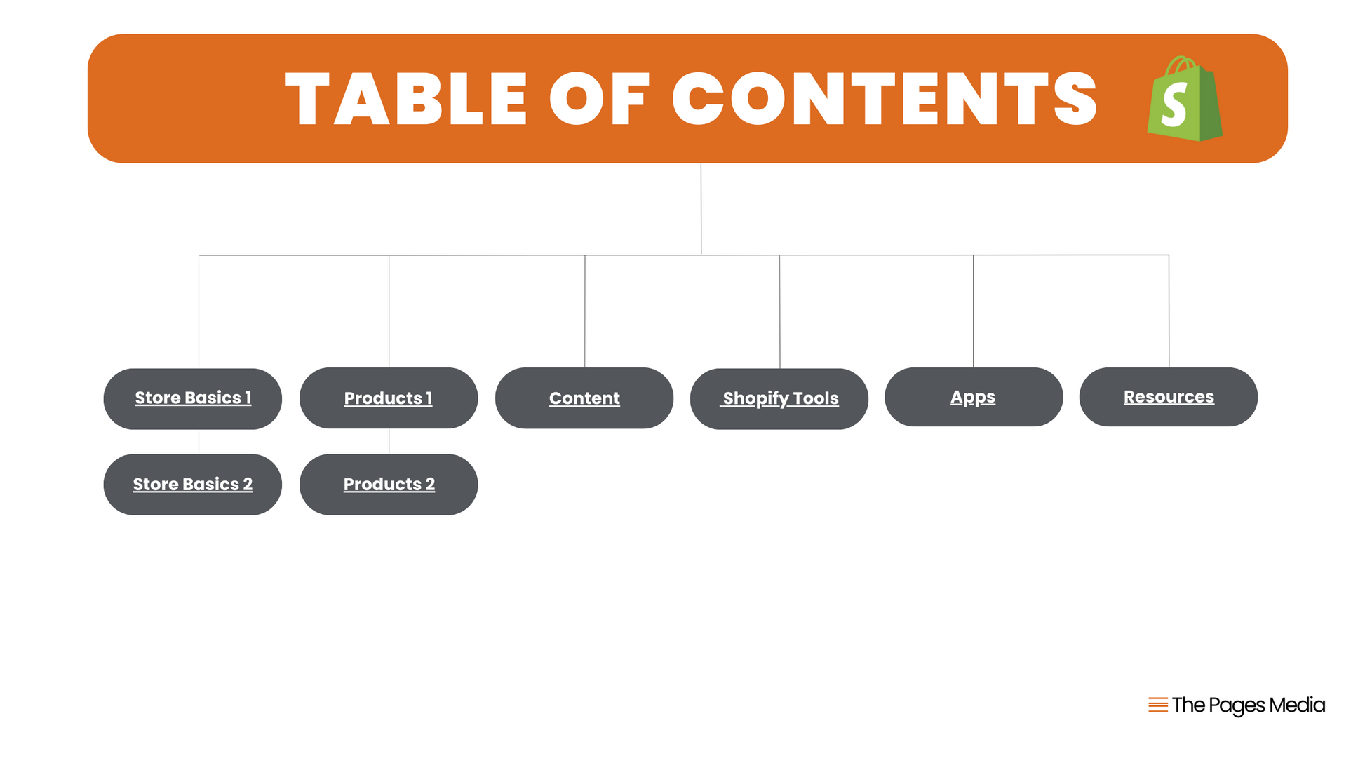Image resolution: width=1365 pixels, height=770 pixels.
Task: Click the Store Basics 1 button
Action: pos(193,398)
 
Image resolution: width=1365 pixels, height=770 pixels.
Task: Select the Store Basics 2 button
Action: pos(193,485)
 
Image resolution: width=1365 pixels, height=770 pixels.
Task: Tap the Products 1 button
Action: pos(389,398)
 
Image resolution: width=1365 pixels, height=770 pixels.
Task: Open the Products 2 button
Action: pos(389,485)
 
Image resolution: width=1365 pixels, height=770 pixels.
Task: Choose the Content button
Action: pos(584,398)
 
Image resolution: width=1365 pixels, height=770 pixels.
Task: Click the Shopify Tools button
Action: pos(779,398)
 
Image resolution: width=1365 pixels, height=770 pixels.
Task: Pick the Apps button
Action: pos(974,397)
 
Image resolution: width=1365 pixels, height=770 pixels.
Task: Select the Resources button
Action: pos(1169,397)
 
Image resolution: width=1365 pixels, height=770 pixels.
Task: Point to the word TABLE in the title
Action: pos(407,99)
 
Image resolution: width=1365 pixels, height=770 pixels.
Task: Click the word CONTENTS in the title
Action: pos(885,99)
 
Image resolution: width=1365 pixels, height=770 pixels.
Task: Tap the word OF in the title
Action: pos(600,99)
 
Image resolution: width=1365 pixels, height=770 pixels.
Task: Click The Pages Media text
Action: pos(1249,705)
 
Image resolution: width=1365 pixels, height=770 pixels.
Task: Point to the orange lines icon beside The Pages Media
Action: pos(1158,705)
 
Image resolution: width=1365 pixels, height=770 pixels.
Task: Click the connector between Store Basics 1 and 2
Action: pos(199,442)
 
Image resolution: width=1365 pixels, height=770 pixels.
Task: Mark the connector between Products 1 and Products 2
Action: pos(389,441)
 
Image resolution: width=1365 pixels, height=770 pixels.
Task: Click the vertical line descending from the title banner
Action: pos(701,209)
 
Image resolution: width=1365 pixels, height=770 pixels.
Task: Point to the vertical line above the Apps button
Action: pos(973,311)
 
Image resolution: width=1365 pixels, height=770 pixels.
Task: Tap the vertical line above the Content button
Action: pos(585,311)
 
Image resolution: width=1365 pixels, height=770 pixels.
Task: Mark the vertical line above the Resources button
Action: pos(1169,311)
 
